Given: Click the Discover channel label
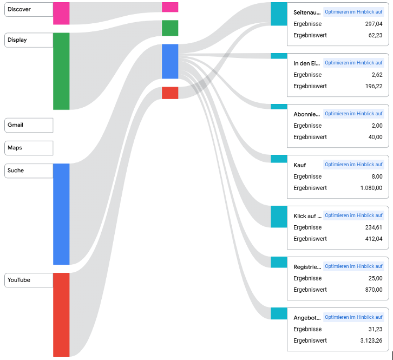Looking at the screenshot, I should pyautogui.click(x=19, y=9).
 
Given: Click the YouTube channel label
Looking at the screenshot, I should pyautogui.click(x=19, y=280).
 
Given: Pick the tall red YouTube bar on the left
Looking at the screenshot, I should pyautogui.click(x=61, y=315).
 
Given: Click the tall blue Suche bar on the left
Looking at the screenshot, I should pyautogui.click(x=61, y=214).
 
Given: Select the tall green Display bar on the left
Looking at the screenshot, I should pyautogui.click(x=61, y=71).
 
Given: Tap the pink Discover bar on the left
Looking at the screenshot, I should pyautogui.click(x=61, y=13).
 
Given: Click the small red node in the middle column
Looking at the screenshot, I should pyautogui.click(x=170, y=93).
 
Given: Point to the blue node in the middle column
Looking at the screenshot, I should pyautogui.click(x=170, y=61).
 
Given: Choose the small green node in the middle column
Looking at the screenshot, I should pyautogui.click(x=170, y=28).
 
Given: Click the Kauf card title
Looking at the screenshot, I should pyautogui.click(x=299, y=165).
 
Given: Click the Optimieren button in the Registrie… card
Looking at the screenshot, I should pyautogui.click(x=353, y=266).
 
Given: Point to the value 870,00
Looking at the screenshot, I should pyautogui.click(x=373, y=290).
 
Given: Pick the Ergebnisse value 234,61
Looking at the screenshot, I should pyautogui.click(x=373, y=227).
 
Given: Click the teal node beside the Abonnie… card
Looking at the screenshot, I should pyautogui.click(x=279, y=107).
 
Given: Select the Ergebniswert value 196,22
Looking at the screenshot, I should pyautogui.click(x=373, y=86).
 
